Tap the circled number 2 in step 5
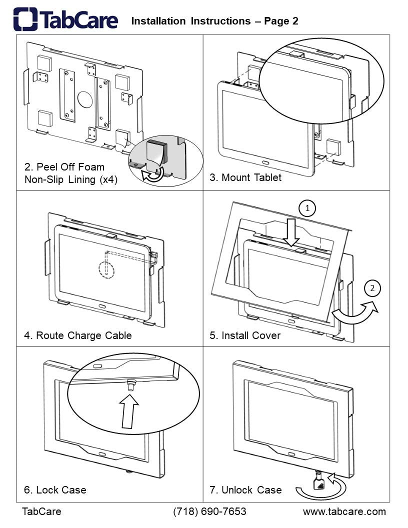(372, 288)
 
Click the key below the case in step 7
(318, 483)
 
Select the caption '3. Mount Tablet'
(245, 177)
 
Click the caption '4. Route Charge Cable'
(78, 335)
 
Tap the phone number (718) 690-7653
(210, 511)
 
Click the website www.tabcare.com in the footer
(344, 511)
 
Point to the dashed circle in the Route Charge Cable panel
(106, 268)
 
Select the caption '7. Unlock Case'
(245, 490)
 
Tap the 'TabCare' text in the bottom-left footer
(41, 511)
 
